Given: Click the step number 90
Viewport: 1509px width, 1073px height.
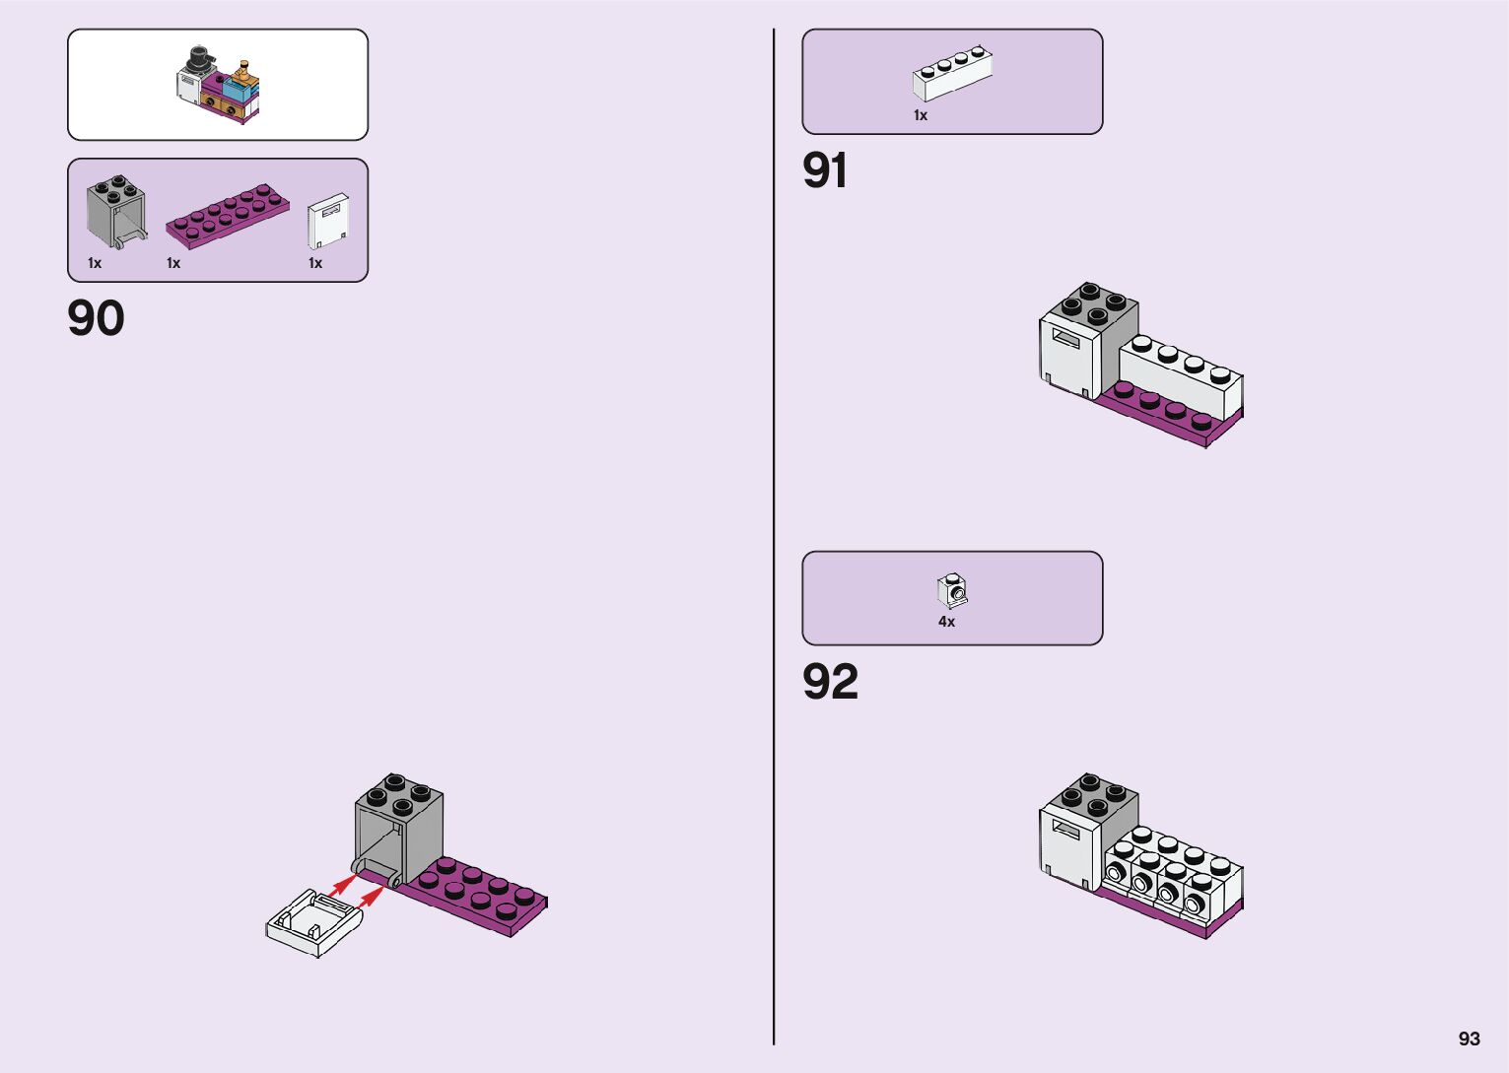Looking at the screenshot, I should [96, 318].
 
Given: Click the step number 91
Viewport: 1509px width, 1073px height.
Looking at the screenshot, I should [825, 170].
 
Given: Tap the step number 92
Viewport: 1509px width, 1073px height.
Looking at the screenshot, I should [830, 682].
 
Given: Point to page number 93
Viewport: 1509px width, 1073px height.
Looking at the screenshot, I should [1469, 1039].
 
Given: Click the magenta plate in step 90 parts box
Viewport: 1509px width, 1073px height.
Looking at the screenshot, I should [228, 215].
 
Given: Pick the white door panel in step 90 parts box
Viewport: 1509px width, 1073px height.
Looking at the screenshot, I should [328, 221].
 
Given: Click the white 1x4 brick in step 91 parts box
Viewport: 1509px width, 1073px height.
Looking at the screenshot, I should [951, 74].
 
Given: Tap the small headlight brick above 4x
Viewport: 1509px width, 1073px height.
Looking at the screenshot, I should [952, 591].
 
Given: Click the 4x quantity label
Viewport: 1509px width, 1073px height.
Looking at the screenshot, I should [946, 622].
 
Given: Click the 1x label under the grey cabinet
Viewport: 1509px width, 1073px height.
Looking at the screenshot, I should [95, 263].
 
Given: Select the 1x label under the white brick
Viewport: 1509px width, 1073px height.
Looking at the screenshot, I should [921, 115].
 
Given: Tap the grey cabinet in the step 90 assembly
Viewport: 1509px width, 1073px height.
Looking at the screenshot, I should [399, 828].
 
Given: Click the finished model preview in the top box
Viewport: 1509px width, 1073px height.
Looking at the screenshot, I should [219, 84].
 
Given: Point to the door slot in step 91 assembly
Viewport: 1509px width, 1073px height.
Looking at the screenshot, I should [1066, 339].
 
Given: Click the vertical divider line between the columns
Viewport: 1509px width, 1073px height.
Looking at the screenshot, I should [774, 537].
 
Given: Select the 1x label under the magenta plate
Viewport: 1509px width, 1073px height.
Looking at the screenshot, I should [173, 263].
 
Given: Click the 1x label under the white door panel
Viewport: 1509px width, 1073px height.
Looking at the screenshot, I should [315, 263].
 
